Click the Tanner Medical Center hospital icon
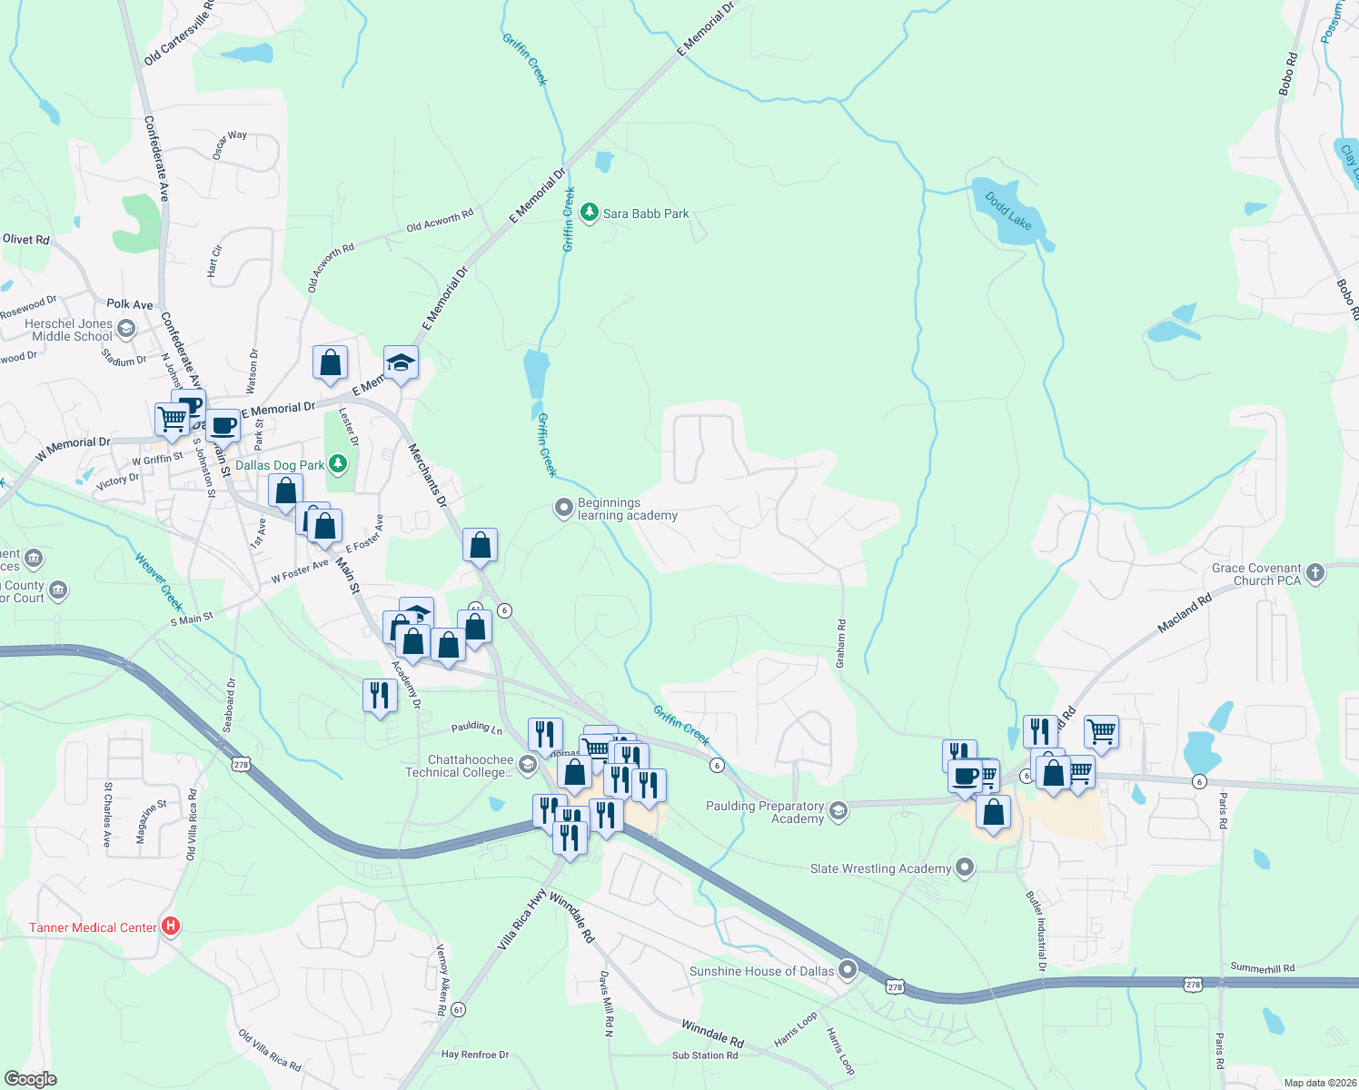pyautogui.click(x=170, y=926)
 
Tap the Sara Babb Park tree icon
pyautogui.click(x=590, y=213)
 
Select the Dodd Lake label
pyautogui.click(x=1008, y=210)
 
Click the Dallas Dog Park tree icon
pyautogui.click(x=338, y=465)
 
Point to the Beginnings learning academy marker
pyautogui.click(x=564, y=508)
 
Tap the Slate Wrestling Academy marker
pyautogui.click(x=965, y=868)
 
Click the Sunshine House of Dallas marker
pyautogui.click(x=848, y=971)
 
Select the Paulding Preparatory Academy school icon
pyautogui.click(x=838, y=811)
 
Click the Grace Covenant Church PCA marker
pyautogui.click(x=1315, y=573)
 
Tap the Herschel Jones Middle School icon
pyautogui.click(x=126, y=329)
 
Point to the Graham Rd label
pyautogui.click(x=841, y=644)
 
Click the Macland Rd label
pyautogui.click(x=1185, y=613)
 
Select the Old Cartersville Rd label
pyautogui.click(x=178, y=34)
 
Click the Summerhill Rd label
pyautogui.click(x=1262, y=968)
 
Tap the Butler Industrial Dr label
pyautogui.click(x=1036, y=931)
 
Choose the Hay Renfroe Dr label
pyautogui.click(x=474, y=1055)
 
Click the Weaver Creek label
pyautogui.click(x=159, y=581)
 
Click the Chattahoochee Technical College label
pyautogui.click(x=459, y=766)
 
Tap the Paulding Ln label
pyautogui.click(x=476, y=728)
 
